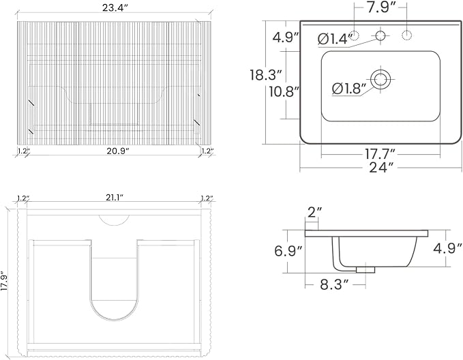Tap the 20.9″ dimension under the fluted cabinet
(x=118, y=151)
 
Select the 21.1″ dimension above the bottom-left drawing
(x=115, y=198)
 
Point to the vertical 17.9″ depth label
(x=4, y=281)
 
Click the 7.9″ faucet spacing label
(x=381, y=7)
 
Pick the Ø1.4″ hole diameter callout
(x=335, y=39)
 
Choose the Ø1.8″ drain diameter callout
(x=349, y=89)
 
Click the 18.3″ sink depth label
(x=267, y=74)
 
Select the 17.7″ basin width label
(x=380, y=153)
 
